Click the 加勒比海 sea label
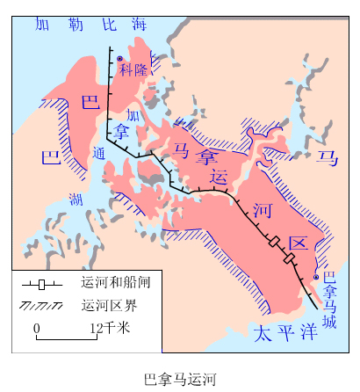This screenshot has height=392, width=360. [x=90, y=25]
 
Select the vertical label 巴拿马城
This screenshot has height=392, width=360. [x=329, y=299]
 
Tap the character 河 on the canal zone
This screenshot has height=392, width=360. [x=262, y=209]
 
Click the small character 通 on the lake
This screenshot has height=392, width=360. [x=97, y=153]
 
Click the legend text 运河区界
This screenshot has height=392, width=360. [x=104, y=307]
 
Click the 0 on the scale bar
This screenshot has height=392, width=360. [x=37, y=328]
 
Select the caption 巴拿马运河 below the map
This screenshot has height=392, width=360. [x=179, y=378]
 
